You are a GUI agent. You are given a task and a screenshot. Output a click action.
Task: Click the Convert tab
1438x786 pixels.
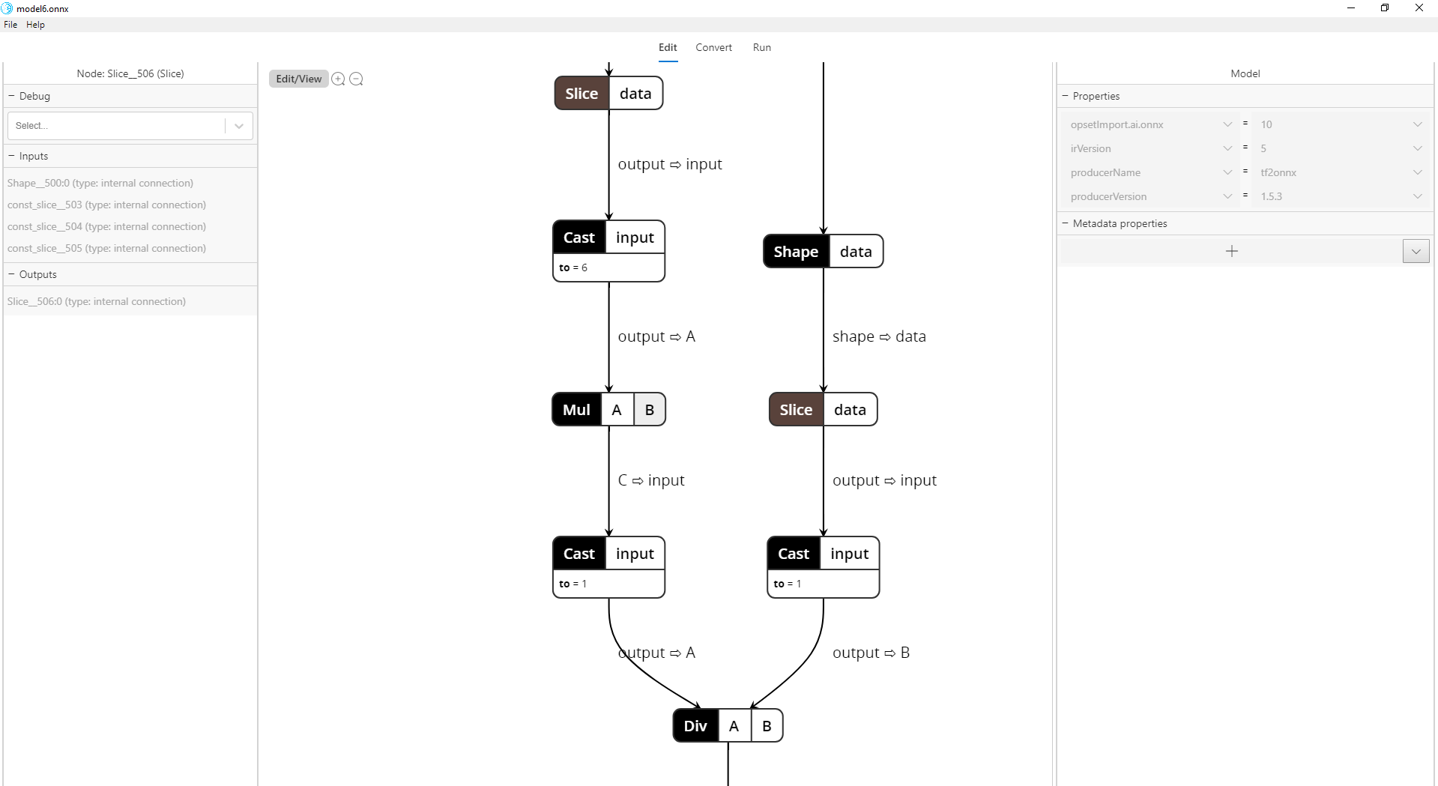pos(713,47)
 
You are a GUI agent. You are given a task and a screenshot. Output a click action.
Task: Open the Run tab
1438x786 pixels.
pos(761,47)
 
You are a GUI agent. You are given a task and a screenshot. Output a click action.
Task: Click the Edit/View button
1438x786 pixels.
pos(298,79)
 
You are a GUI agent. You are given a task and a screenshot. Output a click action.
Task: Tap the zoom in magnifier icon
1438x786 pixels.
pos(338,79)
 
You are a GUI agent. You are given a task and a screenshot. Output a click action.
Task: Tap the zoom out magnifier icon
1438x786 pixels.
pos(357,79)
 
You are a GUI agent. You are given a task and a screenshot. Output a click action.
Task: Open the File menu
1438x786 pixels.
pos(10,25)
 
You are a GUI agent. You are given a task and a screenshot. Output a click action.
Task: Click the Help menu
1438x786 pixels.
pos(35,25)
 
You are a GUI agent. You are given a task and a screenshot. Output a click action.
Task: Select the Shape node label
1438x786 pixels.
pos(795,252)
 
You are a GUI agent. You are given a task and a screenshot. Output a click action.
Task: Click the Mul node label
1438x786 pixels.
pos(576,410)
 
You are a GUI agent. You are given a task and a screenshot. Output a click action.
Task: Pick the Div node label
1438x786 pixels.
pos(695,726)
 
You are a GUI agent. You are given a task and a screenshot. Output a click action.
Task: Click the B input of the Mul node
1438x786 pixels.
pos(649,410)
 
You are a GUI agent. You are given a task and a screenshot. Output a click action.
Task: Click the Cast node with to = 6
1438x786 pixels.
pos(578,238)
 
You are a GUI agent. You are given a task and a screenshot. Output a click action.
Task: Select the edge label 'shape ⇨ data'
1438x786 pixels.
pos(878,336)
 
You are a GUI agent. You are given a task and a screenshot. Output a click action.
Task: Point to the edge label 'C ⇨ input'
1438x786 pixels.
pos(650,480)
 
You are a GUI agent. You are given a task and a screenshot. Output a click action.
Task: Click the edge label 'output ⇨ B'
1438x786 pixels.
pos(870,653)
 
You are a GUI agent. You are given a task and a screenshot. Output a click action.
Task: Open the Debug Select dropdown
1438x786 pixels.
pos(130,126)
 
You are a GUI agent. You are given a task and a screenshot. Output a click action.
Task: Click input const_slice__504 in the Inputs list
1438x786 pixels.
pos(106,226)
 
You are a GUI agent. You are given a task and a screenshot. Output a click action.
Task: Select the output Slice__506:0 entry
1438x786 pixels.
pos(97,301)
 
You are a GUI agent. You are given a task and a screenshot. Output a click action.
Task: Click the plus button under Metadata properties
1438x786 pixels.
pos(1231,251)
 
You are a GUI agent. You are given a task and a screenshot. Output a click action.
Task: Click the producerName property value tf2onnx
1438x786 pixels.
pos(1278,172)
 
